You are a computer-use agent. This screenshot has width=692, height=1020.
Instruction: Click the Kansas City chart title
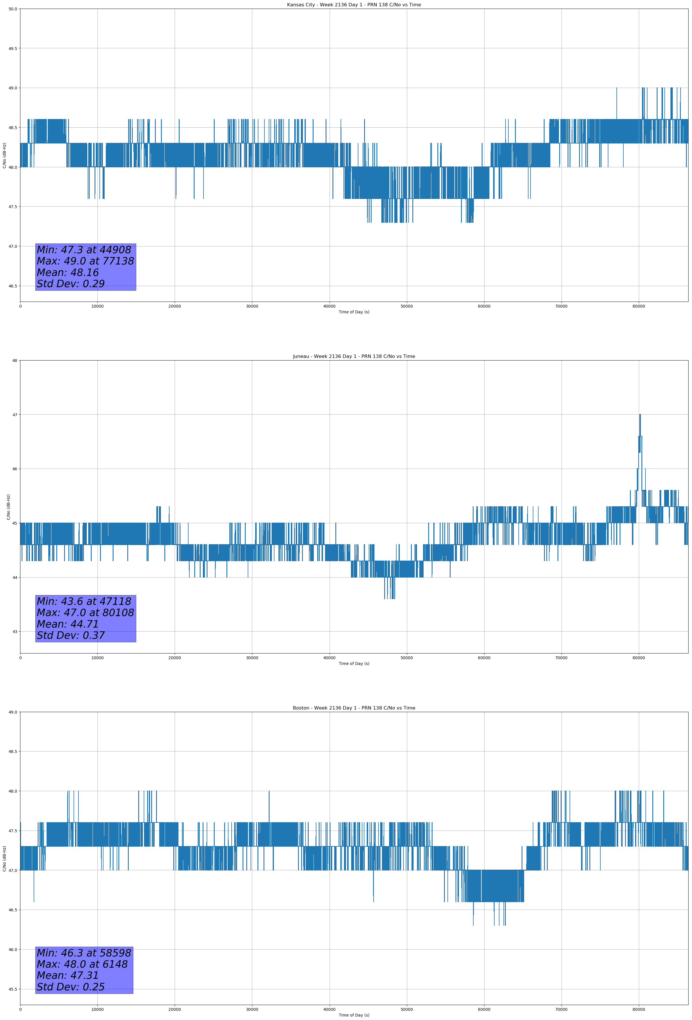coord(354,5)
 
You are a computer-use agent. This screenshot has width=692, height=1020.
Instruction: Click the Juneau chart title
coord(354,356)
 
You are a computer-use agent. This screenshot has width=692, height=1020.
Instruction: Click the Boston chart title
coord(354,708)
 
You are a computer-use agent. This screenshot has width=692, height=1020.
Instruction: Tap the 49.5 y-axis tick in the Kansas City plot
coord(13,48)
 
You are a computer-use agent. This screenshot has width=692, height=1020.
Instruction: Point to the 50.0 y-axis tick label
coord(13,9)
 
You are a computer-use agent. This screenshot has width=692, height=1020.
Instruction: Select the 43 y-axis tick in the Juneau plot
coord(14,632)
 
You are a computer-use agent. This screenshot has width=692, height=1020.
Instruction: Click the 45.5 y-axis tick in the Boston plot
coord(13,989)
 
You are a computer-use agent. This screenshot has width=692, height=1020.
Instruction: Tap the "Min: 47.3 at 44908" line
coord(84,250)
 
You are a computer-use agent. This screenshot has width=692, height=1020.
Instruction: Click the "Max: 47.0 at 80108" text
coord(85,613)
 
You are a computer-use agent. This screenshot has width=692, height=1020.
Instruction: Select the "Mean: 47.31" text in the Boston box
coord(68,975)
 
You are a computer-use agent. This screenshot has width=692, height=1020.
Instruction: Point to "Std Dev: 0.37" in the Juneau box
coord(71,636)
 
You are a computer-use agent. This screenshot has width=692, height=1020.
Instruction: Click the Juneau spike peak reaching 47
coord(640,415)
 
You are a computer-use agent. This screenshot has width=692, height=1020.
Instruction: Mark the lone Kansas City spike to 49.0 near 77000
coord(616,89)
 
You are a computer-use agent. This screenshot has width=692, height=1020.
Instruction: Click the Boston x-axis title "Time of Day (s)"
coord(354,1015)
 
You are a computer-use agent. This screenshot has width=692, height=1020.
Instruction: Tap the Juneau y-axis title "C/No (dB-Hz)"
coord(8,507)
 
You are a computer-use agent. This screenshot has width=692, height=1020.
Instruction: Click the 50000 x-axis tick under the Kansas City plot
coord(407,306)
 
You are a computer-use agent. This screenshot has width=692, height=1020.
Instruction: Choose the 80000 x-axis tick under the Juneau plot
coord(639,658)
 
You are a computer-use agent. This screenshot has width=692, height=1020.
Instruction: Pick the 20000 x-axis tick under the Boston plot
coord(175,1009)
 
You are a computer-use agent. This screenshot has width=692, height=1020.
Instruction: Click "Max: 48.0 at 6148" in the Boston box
coord(82,964)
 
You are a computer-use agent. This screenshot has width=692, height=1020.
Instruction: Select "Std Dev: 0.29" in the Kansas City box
coord(71,284)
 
